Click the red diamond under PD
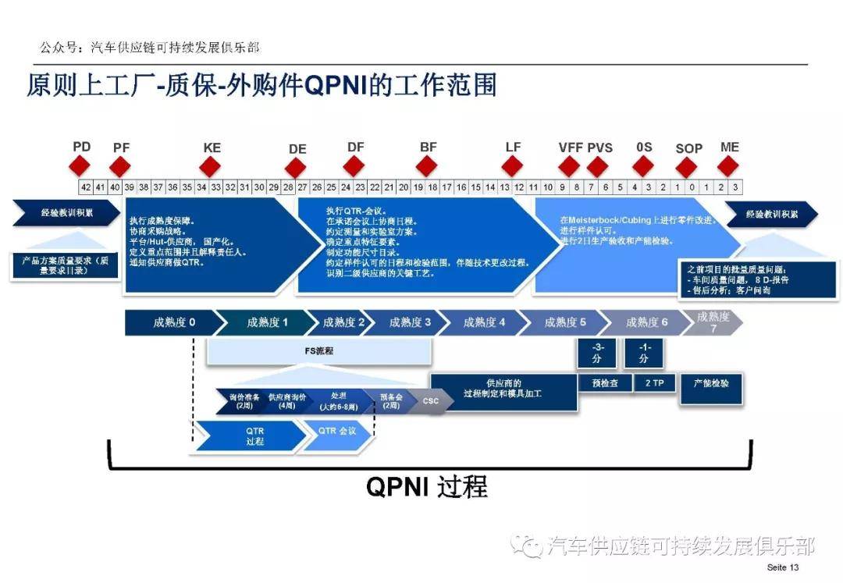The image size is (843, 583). pyautogui.click(x=80, y=165)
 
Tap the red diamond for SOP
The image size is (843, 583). pyautogui.click(x=686, y=167)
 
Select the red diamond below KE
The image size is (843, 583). pyautogui.click(x=210, y=165)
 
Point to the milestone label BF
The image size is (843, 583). pyautogui.click(x=428, y=147)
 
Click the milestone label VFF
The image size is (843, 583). pyautogui.click(x=571, y=148)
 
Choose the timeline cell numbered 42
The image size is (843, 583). pyautogui.click(x=86, y=187)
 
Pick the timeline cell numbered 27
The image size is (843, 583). pyautogui.click(x=302, y=187)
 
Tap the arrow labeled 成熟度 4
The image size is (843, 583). pyautogui.click(x=484, y=322)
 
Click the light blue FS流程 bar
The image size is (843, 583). pyautogui.click(x=318, y=351)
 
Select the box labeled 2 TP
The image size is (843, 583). pyautogui.click(x=644, y=383)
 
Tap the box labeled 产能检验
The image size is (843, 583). pyautogui.click(x=710, y=384)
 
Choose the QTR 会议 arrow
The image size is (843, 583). pyautogui.click(x=340, y=430)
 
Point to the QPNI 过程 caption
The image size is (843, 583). pyautogui.click(x=427, y=486)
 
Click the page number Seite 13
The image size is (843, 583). pyautogui.click(x=783, y=567)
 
